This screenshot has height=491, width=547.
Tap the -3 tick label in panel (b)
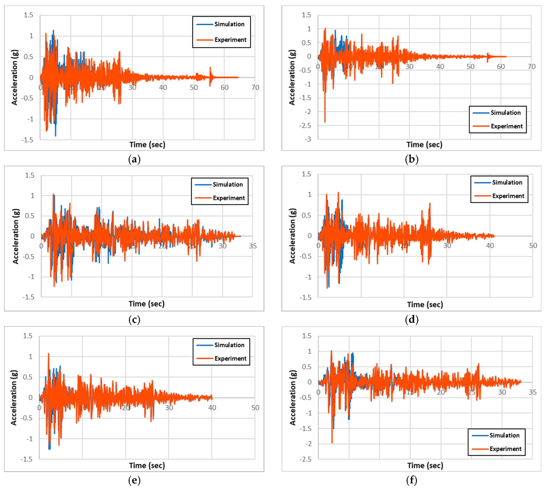point(308,139)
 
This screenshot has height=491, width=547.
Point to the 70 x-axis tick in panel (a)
point(255,87)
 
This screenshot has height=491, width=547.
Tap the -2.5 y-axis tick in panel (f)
point(305,459)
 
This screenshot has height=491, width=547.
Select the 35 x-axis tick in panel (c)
point(253,246)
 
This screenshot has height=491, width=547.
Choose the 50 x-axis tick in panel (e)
point(255,408)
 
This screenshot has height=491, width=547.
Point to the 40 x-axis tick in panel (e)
point(212,408)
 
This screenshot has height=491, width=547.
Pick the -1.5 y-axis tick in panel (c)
point(29,297)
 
